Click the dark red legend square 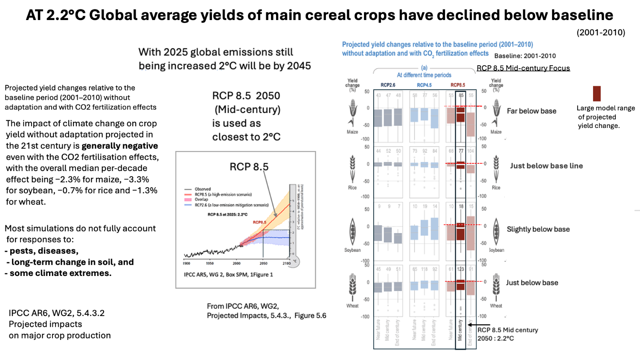click(x=597, y=93)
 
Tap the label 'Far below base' click(x=531, y=111)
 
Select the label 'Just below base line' click(x=546, y=166)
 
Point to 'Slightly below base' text click(x=538, y=229)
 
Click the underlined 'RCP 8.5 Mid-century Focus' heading click(x=523, y=68)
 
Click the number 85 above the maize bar click(x=461, y=96)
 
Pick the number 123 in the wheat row click(x=461, y=269)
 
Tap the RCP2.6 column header click(x=388, y=85)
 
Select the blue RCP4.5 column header click(x=424, y=85)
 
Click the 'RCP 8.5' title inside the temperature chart click(x=249, y=167)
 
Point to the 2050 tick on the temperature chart click(x=263, y=263)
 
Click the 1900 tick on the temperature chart click(x=186, y=263)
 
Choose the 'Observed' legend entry click(x=203, y=189)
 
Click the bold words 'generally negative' click(x=119, y=146)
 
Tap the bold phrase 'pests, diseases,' click(x=44, y=251)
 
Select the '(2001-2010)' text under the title click(x=601, y=32)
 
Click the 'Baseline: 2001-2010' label click(x=525, y=56)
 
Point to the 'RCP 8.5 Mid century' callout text click(x=507, y=330)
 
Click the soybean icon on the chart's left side click(x=352, y=232)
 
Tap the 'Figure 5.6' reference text click(x=310, y=316)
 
